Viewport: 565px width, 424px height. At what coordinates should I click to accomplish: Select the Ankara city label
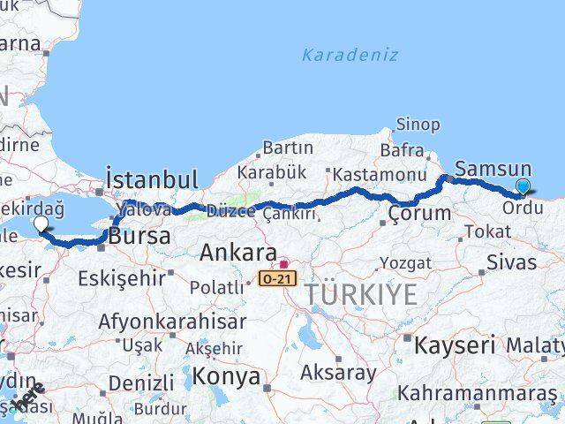[x=238, y=253]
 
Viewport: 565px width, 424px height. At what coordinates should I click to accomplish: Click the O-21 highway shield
[x=275, y=278]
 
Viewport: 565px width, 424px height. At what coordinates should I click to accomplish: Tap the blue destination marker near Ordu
[x=524, y=186]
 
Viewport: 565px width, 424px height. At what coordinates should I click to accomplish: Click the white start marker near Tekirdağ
[x=41, y=224]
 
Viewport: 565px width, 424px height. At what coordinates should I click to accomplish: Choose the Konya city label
[x=228, y=377]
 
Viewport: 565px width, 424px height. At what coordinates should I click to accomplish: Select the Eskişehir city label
[x=121, y=278]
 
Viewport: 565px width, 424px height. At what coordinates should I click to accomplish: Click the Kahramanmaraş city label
[x=477, y=392]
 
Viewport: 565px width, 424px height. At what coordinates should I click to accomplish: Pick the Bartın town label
[x=288, y=148]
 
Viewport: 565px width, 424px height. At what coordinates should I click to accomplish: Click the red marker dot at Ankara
[x=282, y=262]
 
